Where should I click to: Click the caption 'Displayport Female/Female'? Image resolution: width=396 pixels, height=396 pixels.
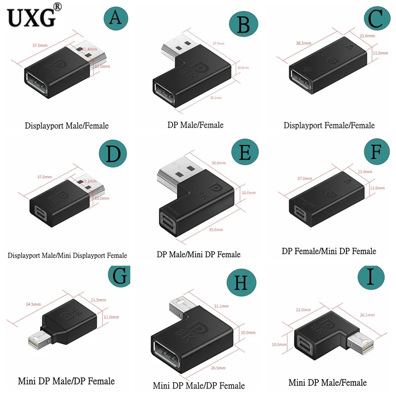tap(329, 125)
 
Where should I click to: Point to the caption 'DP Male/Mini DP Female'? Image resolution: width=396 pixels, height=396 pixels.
tap(198, 254)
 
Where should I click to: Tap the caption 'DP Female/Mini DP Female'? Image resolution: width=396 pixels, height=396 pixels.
tap(329, 251)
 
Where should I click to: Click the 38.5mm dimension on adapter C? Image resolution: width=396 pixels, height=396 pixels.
tap(303, 44)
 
